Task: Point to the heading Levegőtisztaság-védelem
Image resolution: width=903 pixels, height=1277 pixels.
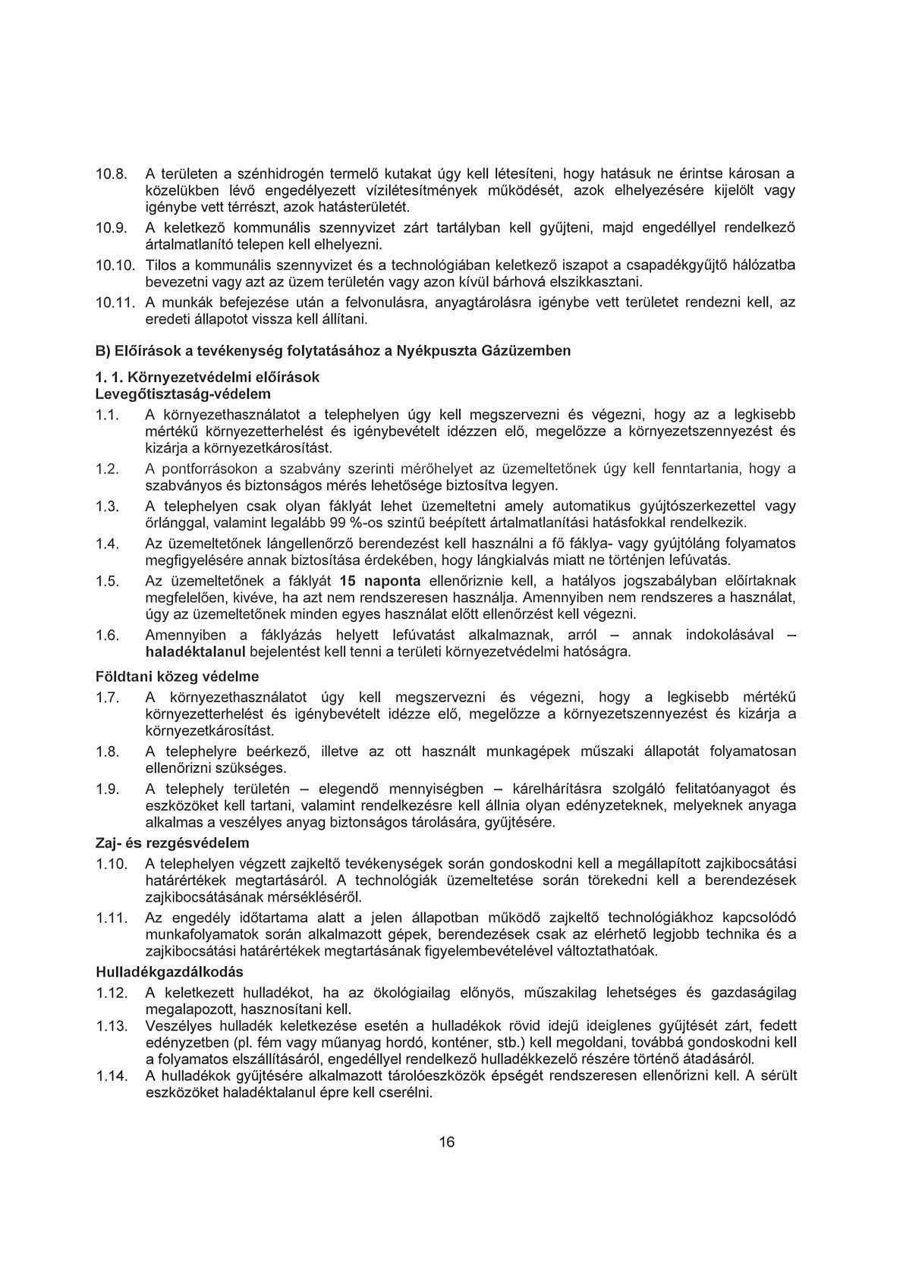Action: pos(183,394)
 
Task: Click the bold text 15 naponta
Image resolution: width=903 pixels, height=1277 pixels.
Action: pos(381,580)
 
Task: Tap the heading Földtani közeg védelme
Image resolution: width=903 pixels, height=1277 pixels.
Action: pos(178,676)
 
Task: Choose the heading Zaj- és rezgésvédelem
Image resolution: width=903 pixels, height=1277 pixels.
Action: pos(172,842)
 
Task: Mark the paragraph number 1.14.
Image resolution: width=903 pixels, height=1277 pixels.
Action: pos(111,1075)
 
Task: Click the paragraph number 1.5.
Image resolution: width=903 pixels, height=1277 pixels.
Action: pos(108,580)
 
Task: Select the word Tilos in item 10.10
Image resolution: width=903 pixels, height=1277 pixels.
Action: pos(159,265)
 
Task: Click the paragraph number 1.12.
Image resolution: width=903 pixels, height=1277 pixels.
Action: pos(111,993)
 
